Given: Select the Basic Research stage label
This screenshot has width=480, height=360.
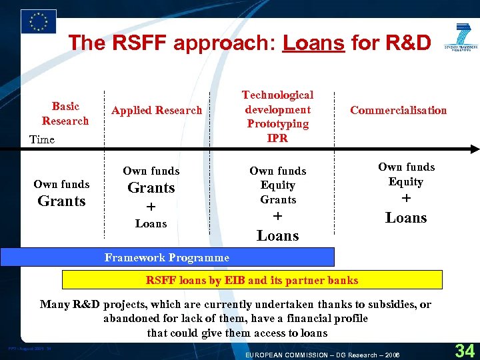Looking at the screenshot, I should [x=65, y=113].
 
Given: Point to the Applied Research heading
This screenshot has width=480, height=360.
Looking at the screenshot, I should [x=157, y=111].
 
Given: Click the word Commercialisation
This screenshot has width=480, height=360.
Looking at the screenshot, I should [x=398, y=111].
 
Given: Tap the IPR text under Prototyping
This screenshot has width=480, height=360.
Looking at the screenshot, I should [x=277, y=138].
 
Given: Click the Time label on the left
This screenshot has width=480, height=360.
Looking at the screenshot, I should [x=41, y=139].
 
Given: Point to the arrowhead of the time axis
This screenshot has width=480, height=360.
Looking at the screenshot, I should [x=474, y=149].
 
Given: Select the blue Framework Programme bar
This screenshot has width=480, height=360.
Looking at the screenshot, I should [x=167, y=257].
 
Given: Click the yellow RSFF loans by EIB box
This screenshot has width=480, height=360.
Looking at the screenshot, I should [x=252, y=280].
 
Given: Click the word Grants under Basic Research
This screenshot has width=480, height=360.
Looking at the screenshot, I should [x=62, y=201].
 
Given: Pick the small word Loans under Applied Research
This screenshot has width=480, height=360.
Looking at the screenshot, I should [x=151, y=224].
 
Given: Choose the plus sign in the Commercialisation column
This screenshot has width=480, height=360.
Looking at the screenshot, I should [x=406, y=199].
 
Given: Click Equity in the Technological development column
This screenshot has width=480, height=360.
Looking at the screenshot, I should [x=278, y=185].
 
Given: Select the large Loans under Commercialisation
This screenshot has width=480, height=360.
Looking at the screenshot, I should [x=406, y=218].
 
